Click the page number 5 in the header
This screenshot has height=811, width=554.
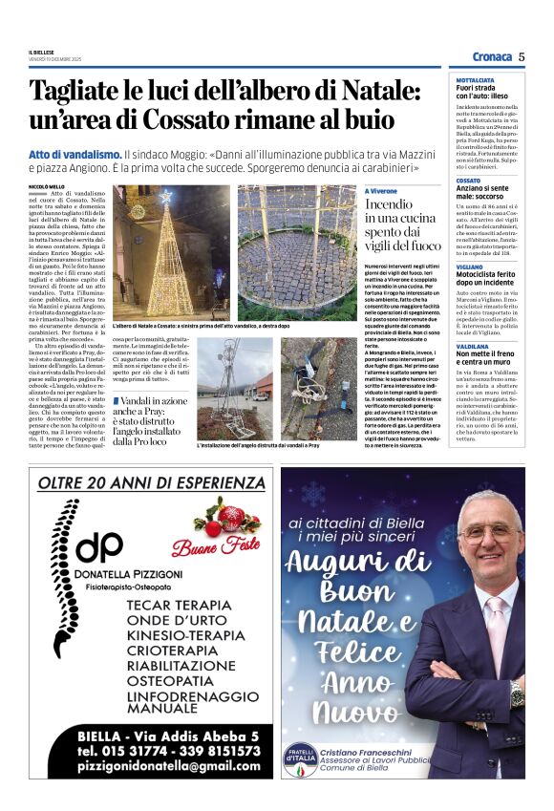click(522, 56)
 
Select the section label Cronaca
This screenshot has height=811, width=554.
click(491, 56)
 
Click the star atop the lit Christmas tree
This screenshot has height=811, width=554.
click(165, 196)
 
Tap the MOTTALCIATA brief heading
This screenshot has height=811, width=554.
click(475, 80)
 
